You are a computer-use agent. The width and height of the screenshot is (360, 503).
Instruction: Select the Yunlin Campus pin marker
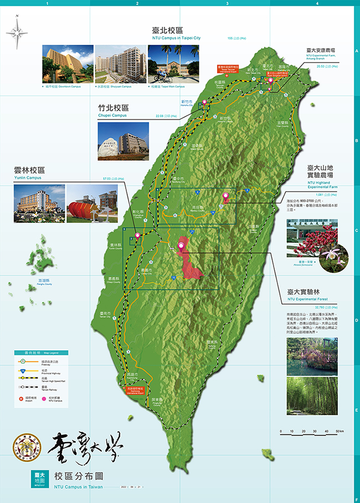point(137,237)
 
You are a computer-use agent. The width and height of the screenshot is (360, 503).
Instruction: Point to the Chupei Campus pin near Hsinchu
point(204,102)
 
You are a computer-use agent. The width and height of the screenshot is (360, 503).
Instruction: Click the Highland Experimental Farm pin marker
point(225,196)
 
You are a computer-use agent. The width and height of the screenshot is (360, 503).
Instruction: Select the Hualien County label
point(253,227)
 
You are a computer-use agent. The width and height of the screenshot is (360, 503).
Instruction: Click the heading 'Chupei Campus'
point(113,116)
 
